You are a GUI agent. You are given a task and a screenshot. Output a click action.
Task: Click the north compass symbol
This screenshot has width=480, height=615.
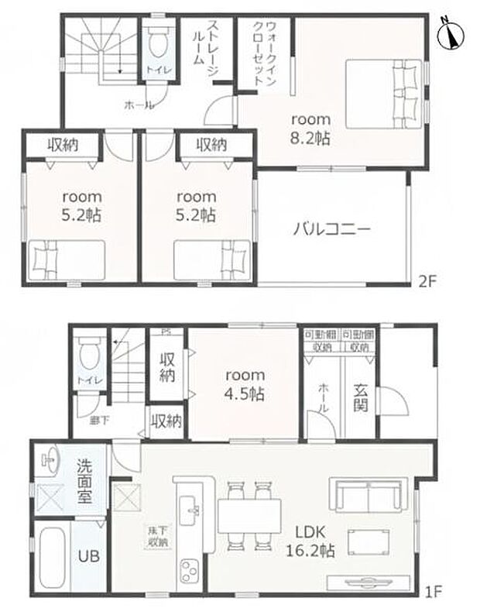(449, 34)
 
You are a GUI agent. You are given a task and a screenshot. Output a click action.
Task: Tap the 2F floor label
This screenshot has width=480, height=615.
(430, 280)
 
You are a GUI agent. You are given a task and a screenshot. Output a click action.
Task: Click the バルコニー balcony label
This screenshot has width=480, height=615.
(332, 229)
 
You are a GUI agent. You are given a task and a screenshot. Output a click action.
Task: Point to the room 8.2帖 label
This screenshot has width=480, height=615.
(310, 129)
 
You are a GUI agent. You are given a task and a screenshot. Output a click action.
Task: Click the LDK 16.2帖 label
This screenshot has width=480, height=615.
(313, 541)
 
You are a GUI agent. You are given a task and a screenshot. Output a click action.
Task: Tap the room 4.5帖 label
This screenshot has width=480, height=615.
(244, 383)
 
